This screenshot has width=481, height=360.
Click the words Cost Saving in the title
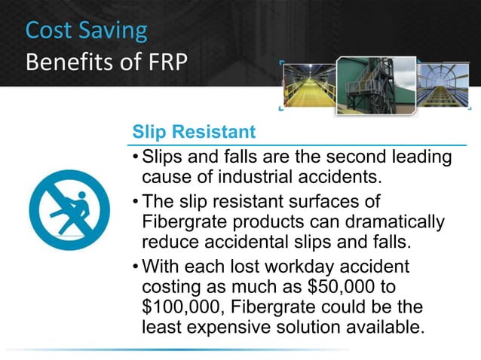[87, 30]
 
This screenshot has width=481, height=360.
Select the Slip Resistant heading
[194, 132]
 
